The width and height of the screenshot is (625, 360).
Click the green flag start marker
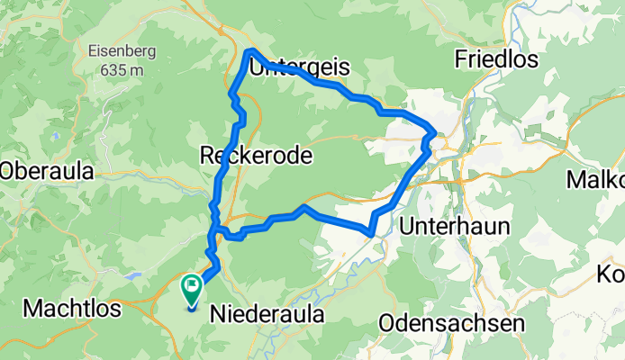tap(192, 288)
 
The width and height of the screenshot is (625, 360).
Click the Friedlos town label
tap(496, 60)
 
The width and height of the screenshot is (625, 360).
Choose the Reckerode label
tap(256, 156)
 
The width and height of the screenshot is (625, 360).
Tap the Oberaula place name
tap(54, 170)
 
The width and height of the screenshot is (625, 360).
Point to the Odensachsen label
tap(452, 322)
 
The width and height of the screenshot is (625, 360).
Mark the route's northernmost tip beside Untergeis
tap(250, 51)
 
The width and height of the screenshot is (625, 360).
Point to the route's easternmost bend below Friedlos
tap(435, 134)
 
